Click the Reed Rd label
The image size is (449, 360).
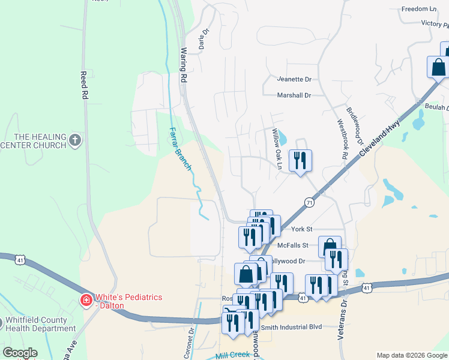tap(85, 85)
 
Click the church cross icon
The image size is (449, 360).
tap(74, 140)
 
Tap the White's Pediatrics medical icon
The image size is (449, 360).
tap(86, 298)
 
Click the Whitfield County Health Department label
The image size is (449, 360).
tap(40, 324)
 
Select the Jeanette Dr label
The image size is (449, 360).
tap(294, 79)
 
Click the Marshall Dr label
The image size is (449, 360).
tap(294, 95)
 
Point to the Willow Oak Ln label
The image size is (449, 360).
tap(277, 144)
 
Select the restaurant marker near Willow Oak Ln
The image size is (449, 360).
tap(300, 160)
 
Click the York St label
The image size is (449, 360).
tap(302, 229)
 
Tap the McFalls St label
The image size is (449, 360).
tap(292, 245)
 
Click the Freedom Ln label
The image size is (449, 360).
tap(419, 9)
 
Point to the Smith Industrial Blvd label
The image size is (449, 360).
tap(292, 327)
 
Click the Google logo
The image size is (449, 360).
tap(20, 353)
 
